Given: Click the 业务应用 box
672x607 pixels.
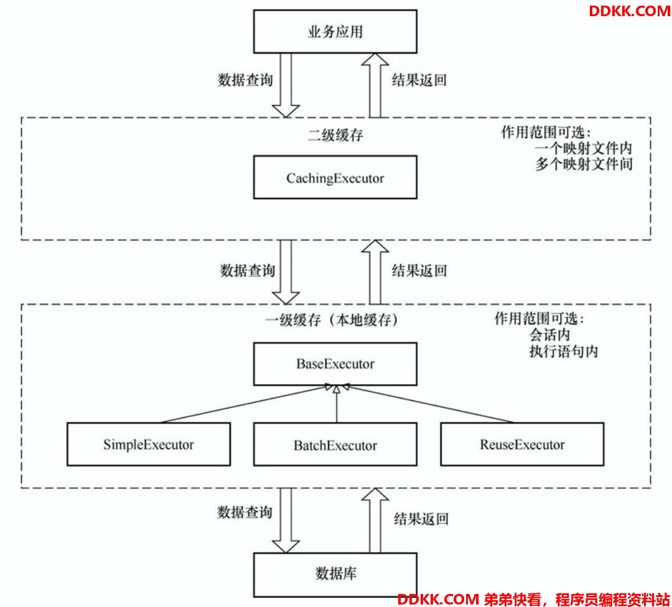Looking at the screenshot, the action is click(x=335, y=32).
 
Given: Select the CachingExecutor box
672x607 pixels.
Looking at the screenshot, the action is click(x=335, y=177).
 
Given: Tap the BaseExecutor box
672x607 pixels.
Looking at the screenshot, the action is click(x=335, y=364).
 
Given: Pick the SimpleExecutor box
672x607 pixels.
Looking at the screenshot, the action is click(x=149, y=444).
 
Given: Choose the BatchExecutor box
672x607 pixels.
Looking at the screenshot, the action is click(x=335, y=445).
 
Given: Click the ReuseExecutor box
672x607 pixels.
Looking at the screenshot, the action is click(x=522, y=444).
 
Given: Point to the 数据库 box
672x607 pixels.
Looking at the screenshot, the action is click(x=335, y=575).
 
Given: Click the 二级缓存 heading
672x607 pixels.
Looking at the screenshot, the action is click(x=335, y=136).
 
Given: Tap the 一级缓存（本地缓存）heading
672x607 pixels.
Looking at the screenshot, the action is click(x=332, y=320).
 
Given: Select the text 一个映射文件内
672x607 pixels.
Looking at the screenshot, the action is click(x=583, y=148).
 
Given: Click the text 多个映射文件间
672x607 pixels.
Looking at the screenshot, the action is click(x=583, y=164).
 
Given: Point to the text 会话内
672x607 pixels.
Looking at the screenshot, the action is click(x=549, y=335).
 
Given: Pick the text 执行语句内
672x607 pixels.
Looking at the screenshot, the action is click(x=563, y=352).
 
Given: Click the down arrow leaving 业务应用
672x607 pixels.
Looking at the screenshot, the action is click(x=286, y=85).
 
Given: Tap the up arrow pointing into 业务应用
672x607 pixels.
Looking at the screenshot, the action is click(x=375, y=85).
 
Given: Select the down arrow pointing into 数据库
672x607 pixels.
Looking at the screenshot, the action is click(x=286, y=520).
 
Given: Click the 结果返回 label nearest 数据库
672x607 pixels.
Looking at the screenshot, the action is click(x=421, y=519).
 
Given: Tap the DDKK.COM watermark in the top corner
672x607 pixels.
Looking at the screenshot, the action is click(x=630, y=11).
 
